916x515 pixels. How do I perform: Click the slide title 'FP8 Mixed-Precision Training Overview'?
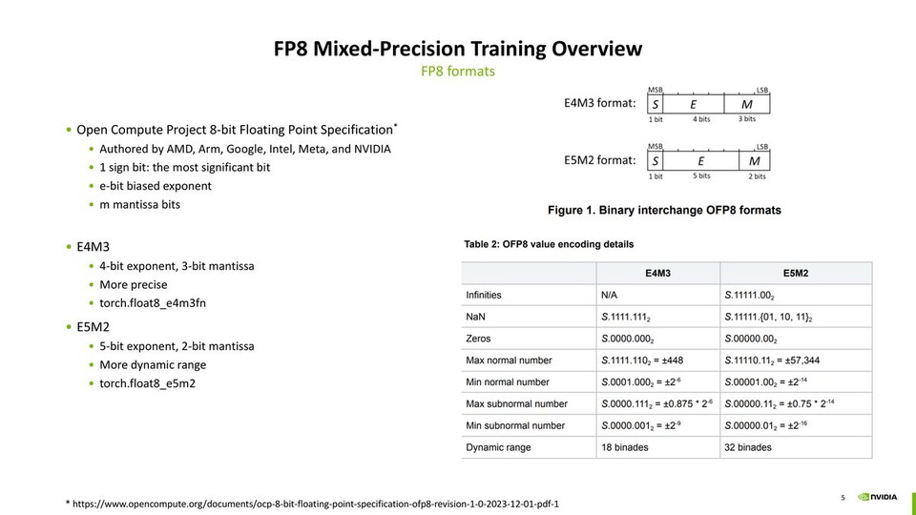coord(458,49)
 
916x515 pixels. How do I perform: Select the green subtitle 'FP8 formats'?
coord(458,72)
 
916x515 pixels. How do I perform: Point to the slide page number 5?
coord(843,497)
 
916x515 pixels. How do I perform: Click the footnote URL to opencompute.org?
coord(315,502)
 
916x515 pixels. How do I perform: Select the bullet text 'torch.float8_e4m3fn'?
coord(153,303)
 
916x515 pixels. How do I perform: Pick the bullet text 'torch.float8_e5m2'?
coord(147,383)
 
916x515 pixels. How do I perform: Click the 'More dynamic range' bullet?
coord(153,364)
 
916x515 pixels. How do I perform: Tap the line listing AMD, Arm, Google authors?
coord(244,149)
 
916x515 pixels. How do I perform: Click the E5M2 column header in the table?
coord(796,273)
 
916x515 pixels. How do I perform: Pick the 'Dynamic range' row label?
coord(498,447)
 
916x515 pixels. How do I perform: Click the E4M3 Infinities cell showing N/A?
coord(612,295)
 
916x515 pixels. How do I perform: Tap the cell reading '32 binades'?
coord(748,447)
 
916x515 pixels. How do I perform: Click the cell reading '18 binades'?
coord(625,447)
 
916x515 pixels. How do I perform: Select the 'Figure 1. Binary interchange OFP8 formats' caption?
coord(664,210)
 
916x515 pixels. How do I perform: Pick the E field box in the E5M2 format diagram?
coord(700,161)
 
